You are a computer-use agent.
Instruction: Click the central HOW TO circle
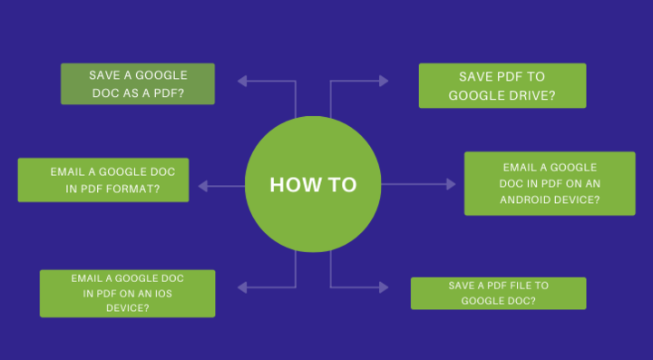(x=313, y=185)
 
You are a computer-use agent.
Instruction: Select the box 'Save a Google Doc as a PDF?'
(x=138, y=84)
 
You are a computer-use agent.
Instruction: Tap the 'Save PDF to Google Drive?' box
(x=502, y=85)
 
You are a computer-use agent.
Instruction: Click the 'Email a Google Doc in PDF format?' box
(x=103, y=180)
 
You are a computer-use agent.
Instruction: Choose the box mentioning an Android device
(x=550, y=183)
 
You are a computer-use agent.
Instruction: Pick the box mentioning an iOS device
(x=128, y=293)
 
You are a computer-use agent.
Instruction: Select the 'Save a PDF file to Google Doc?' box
(x=498, y=293)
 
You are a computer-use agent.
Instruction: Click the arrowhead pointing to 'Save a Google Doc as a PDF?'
(x=243, y=81)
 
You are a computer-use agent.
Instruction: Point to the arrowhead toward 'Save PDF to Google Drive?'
(x=384, y=81)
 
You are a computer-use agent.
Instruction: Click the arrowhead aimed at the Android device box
(x=451, y=184)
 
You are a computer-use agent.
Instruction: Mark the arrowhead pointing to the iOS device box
(x=243, y=287)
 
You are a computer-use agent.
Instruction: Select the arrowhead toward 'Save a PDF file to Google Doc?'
(x=384, y=287)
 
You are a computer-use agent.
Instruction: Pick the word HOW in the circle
(x=291, y=185)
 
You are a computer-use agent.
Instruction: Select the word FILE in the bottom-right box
(x=520, y=286)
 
